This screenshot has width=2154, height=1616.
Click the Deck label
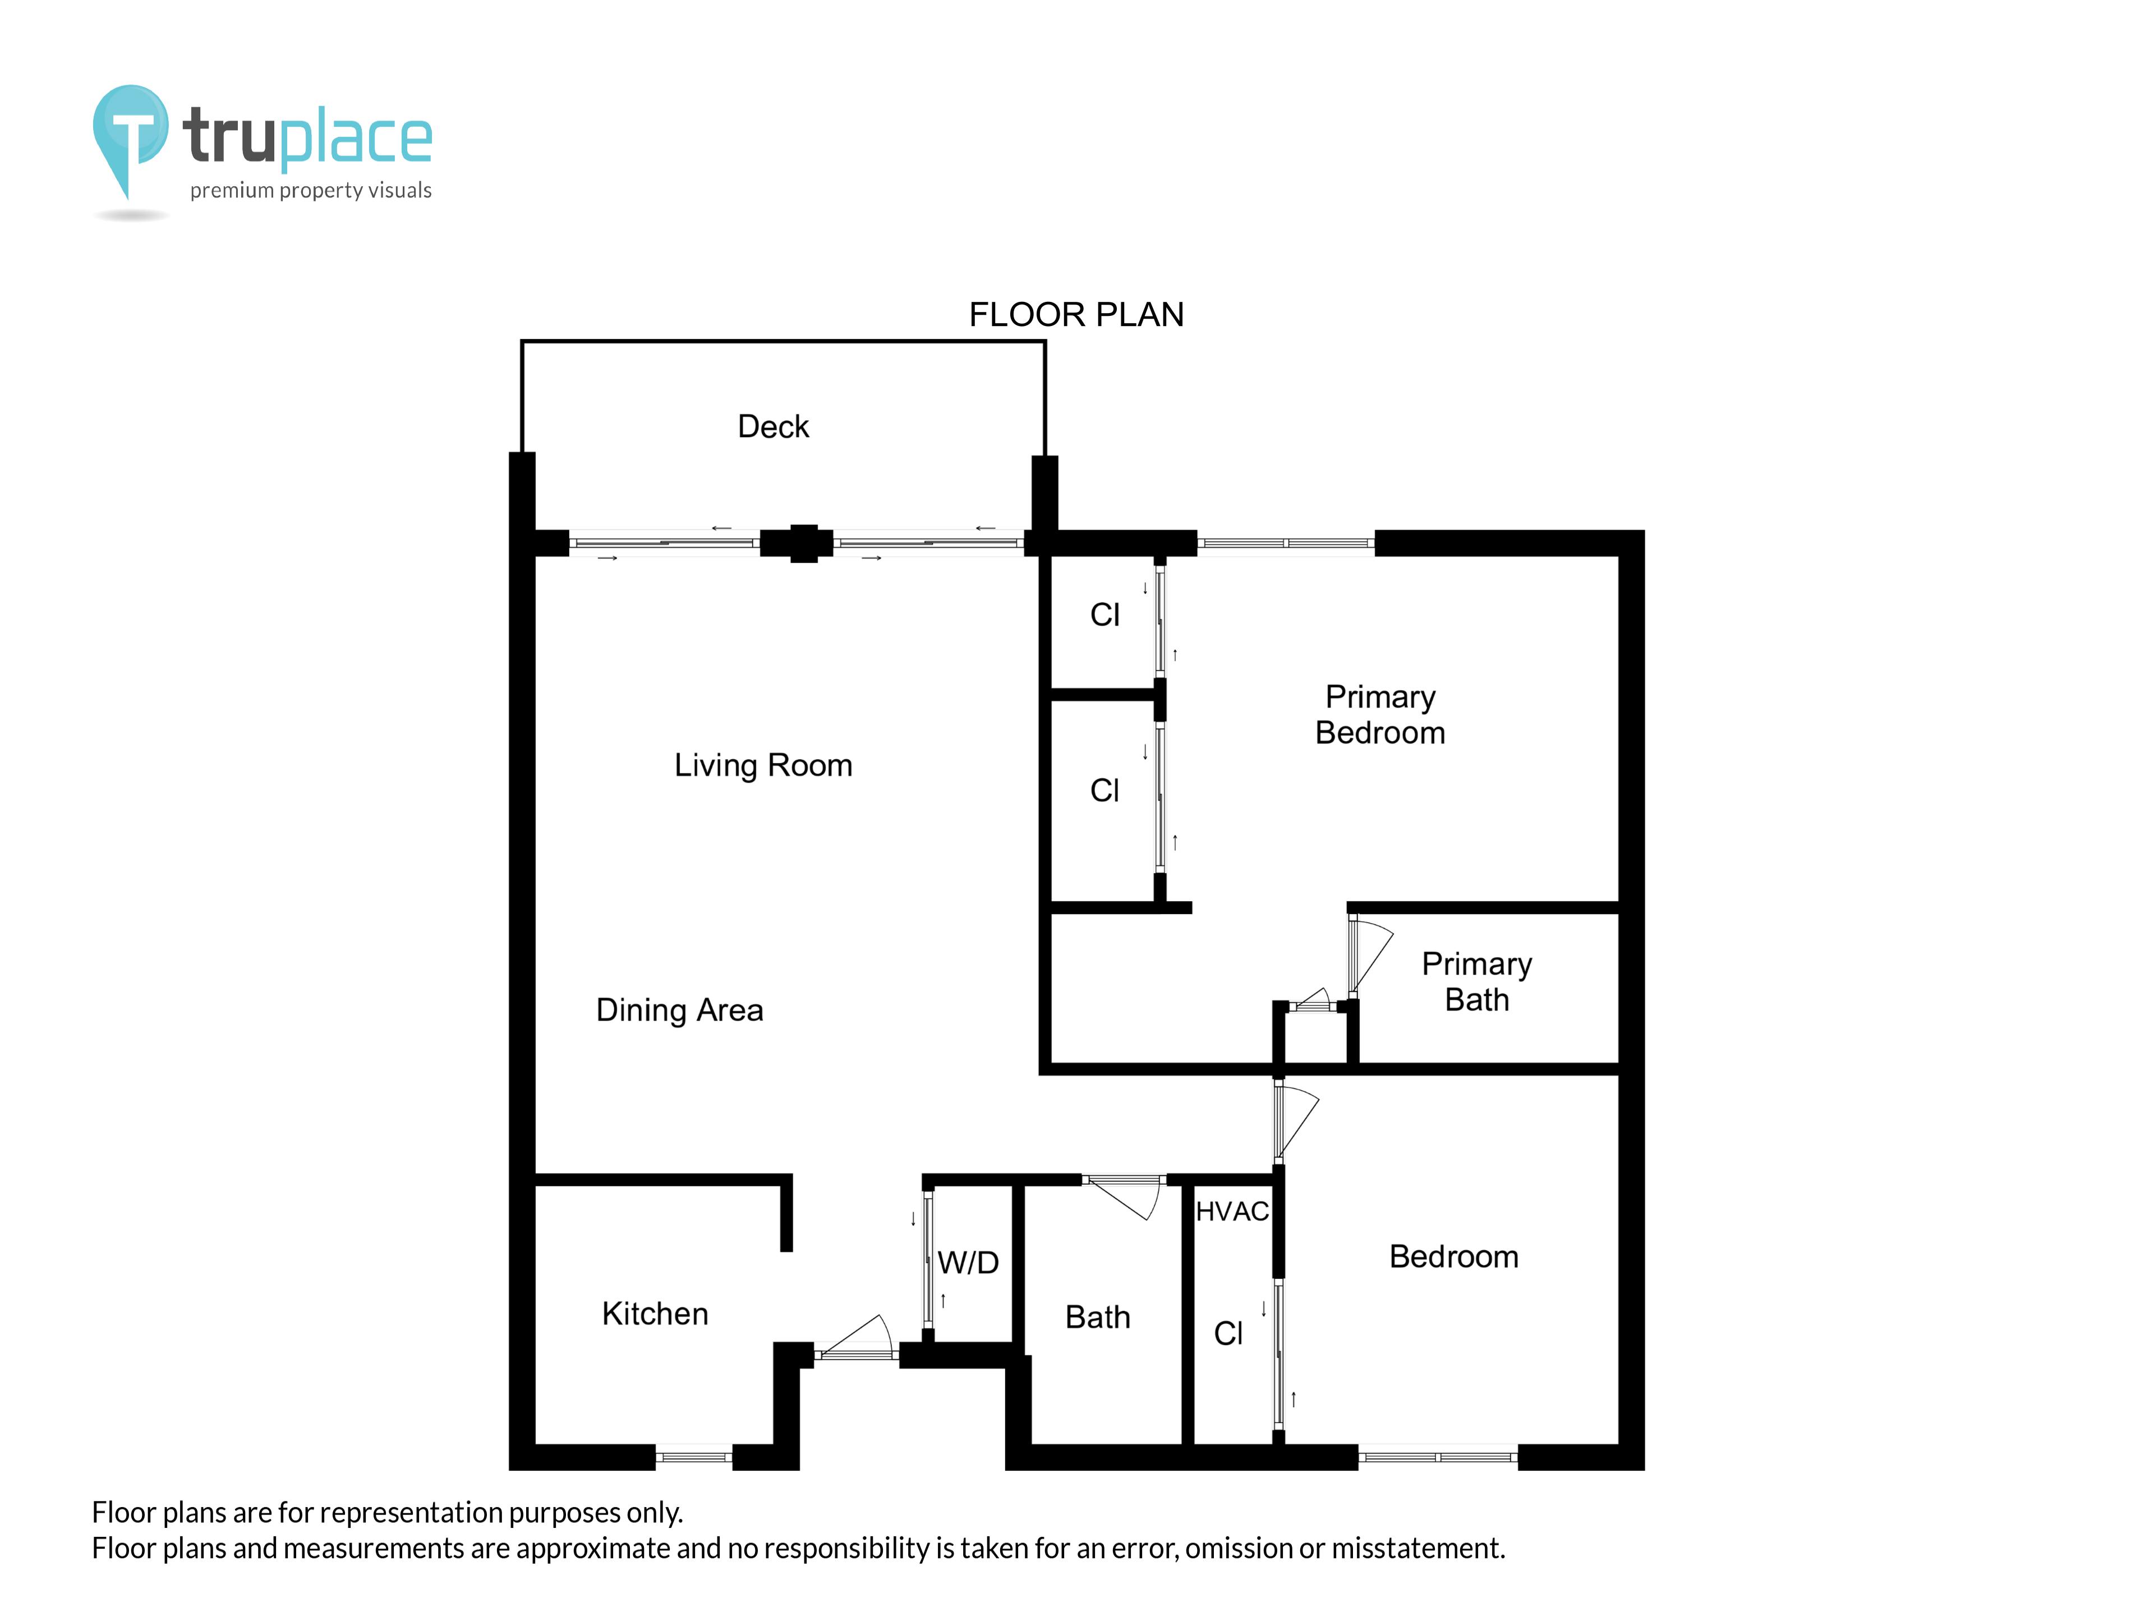(x=772, y=426)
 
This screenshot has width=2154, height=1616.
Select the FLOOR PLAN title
(x=1075, y=315)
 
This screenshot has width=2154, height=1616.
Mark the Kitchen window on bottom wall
(x=693, y=1457)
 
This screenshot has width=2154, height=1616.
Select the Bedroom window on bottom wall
(x=1437, y=1457)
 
